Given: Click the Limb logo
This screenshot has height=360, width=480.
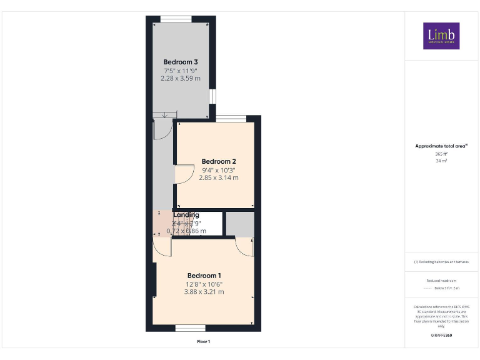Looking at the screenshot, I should pyautogui.click(x=441, y=36).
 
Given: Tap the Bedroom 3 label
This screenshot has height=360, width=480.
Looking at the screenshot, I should pyautogui.click(x=181, y=62).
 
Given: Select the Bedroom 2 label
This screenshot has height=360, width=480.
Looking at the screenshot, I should pyautogui.click(x=218, y=161).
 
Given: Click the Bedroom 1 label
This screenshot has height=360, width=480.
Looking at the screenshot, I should pyautogui.click(x=204, y=276).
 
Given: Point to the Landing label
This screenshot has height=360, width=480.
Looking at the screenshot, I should pyautogui.click(x=186, y=215).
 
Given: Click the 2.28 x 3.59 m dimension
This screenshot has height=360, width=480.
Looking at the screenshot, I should pyautogui.click(x=181, y=79).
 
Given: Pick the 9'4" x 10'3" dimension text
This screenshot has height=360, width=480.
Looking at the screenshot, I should pyautogui.click(x=218, y=169).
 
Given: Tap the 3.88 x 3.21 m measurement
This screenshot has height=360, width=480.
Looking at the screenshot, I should pyautogui.click(x=204, y=292).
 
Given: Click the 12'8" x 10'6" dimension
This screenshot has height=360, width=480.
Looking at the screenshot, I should pyautogui.click(x=204, y=284).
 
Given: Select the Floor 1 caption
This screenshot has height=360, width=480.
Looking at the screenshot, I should pyautogui.click(x=204, y=342).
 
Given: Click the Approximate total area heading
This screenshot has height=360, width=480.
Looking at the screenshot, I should pyautogui.click(x=441, y=146).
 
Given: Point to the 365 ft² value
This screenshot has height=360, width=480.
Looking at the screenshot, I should pyautogui.click(x=441, y=154).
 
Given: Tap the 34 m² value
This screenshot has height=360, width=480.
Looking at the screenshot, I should pyautogui.click(x=441, y=161).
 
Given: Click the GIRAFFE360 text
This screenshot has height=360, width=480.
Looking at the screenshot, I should pyautogui.click(x=441, y=336).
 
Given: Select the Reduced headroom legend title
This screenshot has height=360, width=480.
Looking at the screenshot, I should pyautogui.click(x=441, y=281).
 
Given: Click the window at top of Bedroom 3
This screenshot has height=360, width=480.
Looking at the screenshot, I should pyautogui.click(x=176, y=18).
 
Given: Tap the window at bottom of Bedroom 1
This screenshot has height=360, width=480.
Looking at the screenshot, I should pyautogui.click(x=191, y=328).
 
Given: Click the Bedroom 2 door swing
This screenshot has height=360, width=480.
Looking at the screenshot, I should pyautogui.click(x=184, y=174).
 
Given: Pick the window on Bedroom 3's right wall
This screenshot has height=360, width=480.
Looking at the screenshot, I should pyautogui.click(x=212, y=96).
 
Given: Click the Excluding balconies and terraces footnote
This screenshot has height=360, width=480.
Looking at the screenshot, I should pyautogui.click(x=441, y=262).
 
